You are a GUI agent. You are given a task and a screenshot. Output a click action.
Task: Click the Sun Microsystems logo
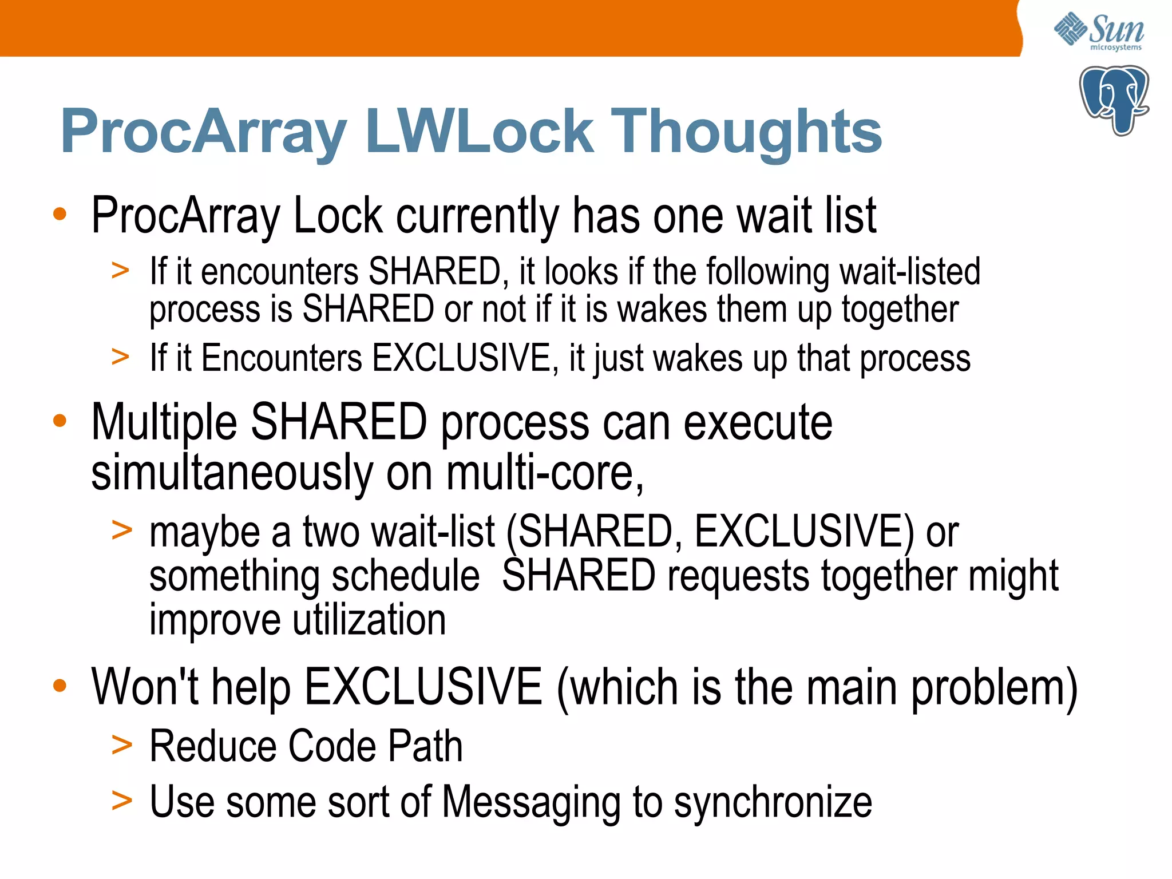click(x=1099, y=31)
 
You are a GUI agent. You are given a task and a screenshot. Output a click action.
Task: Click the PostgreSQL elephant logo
click(x=1114, y=100)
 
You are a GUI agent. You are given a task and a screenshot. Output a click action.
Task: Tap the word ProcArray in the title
click(x=203, y=133)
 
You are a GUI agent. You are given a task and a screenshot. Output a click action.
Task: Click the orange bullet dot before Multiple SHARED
click(x=60, y=421)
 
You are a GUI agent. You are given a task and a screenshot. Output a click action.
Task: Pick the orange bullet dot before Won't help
click(x=60, y=685)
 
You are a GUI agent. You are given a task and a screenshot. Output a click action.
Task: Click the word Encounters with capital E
click(x=282, y=359)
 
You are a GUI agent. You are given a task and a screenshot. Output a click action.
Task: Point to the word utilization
click(x=369, y=620)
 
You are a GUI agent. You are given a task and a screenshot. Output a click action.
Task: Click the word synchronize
click(x=773, y=802)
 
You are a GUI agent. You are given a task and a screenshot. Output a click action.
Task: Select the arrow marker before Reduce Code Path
click(x=121, y=745)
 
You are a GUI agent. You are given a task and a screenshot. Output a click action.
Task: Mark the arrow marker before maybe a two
click(x=121, y=529)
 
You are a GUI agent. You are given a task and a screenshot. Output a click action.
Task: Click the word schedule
click(x=406, y=576)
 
